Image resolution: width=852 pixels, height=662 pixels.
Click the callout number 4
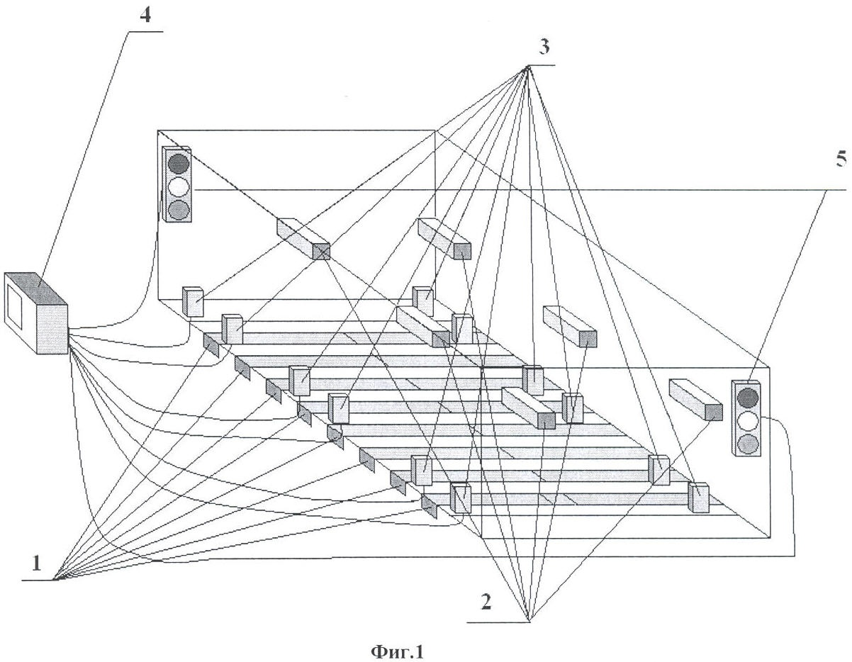[x=145, y=16]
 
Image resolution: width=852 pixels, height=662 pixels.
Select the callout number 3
[x=543, y=47]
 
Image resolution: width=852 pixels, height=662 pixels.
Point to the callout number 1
[x=36, y=564]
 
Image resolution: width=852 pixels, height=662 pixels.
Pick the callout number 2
[x=486, y=602]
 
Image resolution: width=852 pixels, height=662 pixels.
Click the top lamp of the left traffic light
[x=179, y=162]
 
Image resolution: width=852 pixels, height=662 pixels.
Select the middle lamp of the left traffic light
[x=179, y=186]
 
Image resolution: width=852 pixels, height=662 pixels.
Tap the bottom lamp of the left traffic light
[x=179, y=209]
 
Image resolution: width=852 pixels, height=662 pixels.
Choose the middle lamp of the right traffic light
[x=748, y=421]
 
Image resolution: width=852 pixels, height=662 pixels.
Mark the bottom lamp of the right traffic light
[x=748, y=444]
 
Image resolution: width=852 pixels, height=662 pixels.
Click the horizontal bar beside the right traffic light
[x=695, y=400]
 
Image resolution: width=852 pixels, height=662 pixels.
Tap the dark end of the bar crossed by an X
[x=321, y=251]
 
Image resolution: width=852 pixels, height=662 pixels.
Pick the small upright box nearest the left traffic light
[x=193, y=301]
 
